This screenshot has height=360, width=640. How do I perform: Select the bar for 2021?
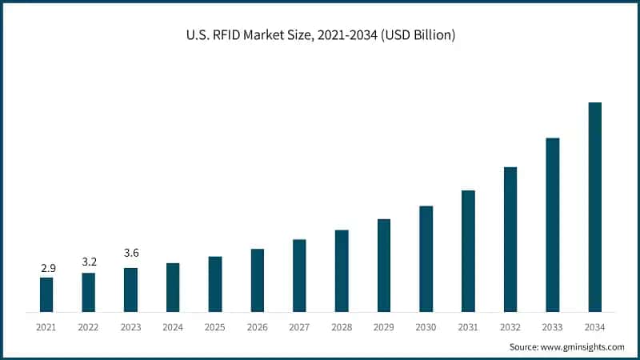46,294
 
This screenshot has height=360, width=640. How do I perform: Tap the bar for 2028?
342,270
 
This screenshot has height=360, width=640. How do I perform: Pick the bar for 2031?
469,250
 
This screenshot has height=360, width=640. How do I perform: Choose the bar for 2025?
215,284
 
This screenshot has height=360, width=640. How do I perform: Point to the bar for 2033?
553,224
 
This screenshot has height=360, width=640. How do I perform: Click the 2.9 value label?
47,267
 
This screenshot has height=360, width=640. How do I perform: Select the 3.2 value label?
89,262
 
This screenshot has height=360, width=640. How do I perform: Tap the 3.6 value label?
131,254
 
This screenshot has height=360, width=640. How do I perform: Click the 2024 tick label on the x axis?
173,327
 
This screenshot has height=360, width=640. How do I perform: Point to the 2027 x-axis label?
299,327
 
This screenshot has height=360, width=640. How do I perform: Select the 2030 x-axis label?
426,327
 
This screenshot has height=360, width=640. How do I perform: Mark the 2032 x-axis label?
510,327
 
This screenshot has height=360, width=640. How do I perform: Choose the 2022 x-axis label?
89,327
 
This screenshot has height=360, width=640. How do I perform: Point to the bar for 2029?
384,265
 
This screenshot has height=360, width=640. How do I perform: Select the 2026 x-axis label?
258,327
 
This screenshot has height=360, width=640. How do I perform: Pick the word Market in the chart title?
282,34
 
